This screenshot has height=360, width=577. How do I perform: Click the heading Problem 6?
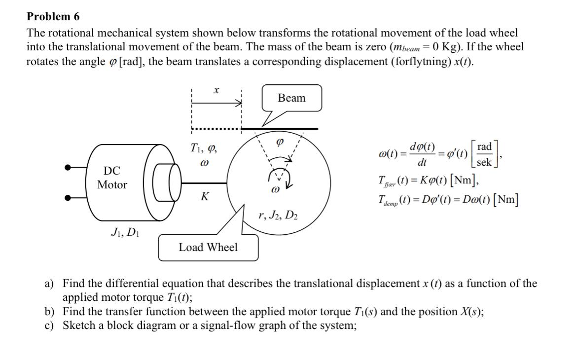point(53,17)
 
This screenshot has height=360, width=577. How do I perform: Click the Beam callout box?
point(291,98)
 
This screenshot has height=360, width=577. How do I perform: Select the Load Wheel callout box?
point(208,247)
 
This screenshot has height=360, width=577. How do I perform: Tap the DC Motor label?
point(112,178)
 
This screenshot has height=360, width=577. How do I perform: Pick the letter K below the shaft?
point(204,197)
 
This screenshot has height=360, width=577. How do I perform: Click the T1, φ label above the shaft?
point(203,147)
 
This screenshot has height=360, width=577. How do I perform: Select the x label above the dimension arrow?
point(216,90)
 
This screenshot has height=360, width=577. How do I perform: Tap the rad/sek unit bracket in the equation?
point(484,154)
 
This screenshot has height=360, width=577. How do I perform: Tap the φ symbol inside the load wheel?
point(279,141)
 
